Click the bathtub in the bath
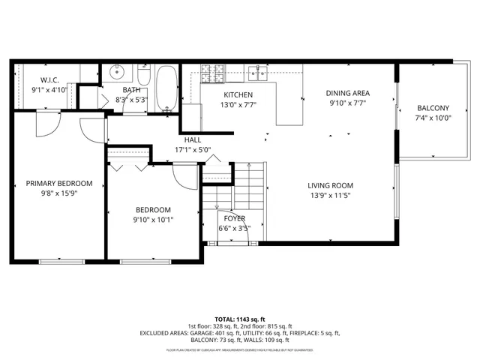[166, 85]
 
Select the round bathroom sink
[118, 73]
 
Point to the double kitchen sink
[259, 73]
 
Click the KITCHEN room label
[238, 94]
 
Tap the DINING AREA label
[348, 94]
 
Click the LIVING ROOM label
[330, 186]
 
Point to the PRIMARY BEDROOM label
[59, 184]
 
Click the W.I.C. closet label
[49, 79]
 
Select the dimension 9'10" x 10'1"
[153, 220]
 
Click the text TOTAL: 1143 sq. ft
[239, 319]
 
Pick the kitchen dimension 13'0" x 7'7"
[238, 105]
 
